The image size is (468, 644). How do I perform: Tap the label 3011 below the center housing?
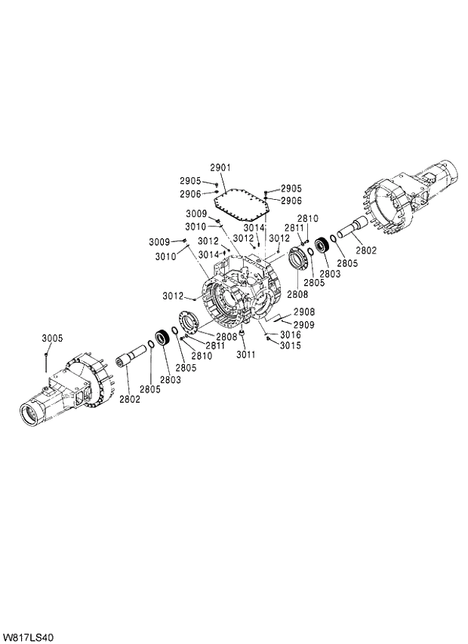pyautogui.click(x=246, y=354)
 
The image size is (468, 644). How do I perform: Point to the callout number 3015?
pyautogui.click(x=291, y=345)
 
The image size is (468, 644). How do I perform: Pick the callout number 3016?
pyautogui.click(x=291, y=334)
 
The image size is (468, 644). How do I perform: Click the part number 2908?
pyautogui.click(x=304, y=311)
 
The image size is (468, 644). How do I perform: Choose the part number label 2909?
pyautogui.click(x=304, y=324)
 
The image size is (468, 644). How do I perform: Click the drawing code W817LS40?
pyautogui.click(x=28, y=637)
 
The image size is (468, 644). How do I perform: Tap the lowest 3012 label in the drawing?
pyautogui.click(x=173, y=295)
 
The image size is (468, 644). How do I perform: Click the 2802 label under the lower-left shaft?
pyautogui.click(x=129, y=399)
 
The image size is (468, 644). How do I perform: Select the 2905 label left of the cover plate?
pyautogui.click(x=190, y=181)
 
